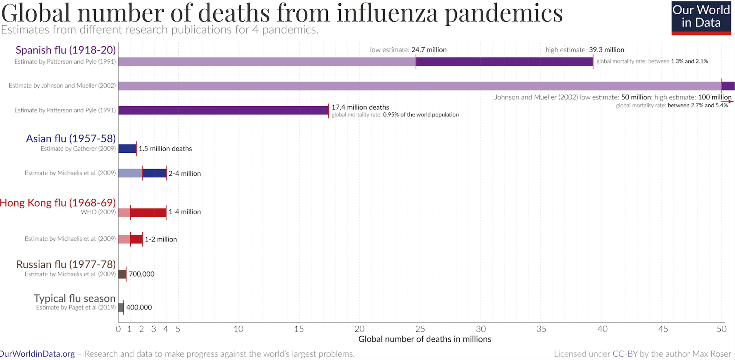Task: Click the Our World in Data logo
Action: coord(701,18)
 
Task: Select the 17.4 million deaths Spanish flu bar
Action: coord(223,110)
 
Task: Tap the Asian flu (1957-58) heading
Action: coord(71,138)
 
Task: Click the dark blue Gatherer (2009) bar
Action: coord(127,148)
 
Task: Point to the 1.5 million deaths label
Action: coord(165,149)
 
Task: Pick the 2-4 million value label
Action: coord(184,173)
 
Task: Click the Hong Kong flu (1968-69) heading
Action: coord(58,203)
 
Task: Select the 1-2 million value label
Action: coord(160,239)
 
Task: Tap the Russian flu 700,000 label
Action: coord(141,274)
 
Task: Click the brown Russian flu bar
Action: coord(122,274)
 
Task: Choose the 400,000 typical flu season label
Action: coord(139,307)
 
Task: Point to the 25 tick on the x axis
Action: coord(420,329)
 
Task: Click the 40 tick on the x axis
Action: coord(602,329)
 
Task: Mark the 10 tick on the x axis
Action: coord(238,329)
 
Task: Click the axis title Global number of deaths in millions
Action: coord(425,339)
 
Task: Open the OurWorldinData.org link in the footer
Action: coord(37,354)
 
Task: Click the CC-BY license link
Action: coord(625,354)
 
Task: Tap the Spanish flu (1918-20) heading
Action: coord(65,50)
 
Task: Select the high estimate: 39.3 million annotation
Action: coord(585,50)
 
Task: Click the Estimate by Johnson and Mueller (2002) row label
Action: coord(62,86)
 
